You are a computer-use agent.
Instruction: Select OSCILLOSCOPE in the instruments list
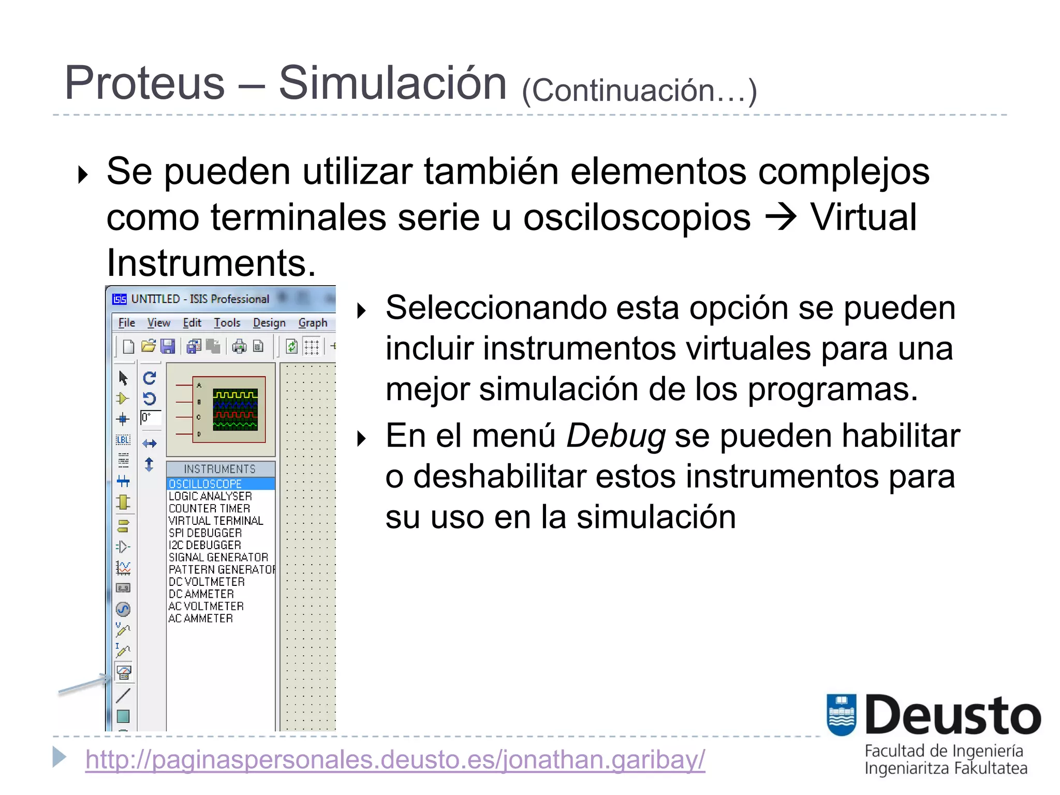click(x=205, y=484)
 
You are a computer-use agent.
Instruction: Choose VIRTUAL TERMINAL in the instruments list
click(x=216, y=521)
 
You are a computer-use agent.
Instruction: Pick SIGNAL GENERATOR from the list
click(x=218, y=557)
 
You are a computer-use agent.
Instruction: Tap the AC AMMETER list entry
click(x=201, y=619)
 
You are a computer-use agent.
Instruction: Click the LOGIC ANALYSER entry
click(x=210, y=496)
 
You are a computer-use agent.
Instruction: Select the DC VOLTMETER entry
click(x=207, y=582)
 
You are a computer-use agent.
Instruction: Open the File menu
click(x=126, y=323)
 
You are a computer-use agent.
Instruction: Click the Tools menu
click(x=227, y=323)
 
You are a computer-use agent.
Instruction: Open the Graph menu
click(x=313, y=323)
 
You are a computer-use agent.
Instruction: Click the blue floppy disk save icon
click(x=168, y=346)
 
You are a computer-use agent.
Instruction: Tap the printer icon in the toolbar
click(x=239, y=346)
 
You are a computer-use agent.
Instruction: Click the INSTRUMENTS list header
click(x=220, y=469)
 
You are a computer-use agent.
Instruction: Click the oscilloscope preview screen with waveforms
click(x=235, y=409)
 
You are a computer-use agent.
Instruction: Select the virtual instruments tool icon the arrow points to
click(x=124, y=672)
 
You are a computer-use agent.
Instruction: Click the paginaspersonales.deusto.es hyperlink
click(x=395, y=759)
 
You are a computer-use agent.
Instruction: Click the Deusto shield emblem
click(x=841, y=715)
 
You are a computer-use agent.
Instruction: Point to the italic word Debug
click(x=616, y=436)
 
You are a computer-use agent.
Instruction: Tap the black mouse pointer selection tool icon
click(x=123, y=378)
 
